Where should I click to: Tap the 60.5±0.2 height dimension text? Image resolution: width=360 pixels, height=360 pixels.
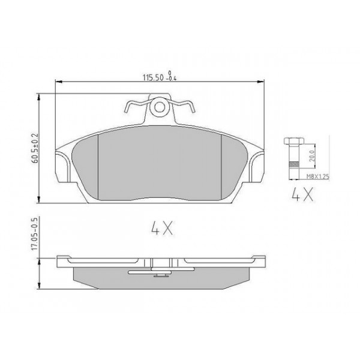36,148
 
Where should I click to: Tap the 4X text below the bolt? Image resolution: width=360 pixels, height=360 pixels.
298,196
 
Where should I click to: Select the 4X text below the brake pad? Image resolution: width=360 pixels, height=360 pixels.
160,228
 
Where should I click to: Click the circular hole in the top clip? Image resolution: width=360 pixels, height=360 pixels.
159,108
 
